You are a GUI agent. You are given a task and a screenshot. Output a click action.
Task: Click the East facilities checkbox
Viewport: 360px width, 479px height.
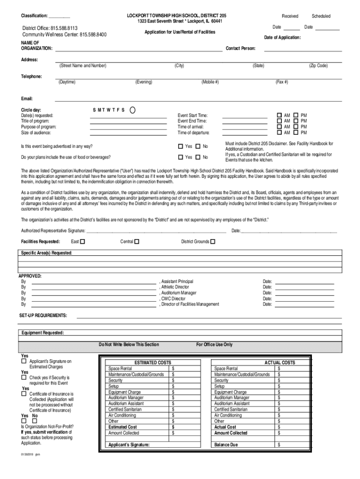(x=82, y=242)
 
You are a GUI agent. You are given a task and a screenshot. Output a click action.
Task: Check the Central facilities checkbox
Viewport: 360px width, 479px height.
(x=137, y=242)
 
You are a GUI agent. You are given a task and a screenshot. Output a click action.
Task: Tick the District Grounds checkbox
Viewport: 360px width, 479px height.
(x=213, y=242)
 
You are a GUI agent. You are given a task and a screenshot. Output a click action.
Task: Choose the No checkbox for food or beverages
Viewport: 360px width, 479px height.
(x=198, y=157)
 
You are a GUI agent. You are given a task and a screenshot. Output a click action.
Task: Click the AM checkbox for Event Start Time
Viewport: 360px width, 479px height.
(x=280, y=115)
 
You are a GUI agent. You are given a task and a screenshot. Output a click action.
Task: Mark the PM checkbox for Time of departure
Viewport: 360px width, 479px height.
(x=295, y=133)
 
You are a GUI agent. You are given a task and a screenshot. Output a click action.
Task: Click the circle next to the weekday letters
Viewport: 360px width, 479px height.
(x=132, y=110)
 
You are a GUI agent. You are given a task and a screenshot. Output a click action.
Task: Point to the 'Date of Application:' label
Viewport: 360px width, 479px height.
(x=282, y=37)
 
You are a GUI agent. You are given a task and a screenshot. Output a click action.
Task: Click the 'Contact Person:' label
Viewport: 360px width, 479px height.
(x=241, y=48)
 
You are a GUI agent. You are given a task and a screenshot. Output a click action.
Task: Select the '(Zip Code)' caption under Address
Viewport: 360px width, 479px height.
(x=318, y=65)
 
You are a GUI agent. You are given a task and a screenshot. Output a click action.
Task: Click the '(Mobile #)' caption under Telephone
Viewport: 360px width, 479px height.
(x=210, y=82)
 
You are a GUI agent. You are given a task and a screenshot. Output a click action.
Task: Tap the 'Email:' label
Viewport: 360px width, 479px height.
(x=27, y=99)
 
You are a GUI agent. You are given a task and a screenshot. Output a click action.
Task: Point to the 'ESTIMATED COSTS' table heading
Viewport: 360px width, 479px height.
(x=152, y=363)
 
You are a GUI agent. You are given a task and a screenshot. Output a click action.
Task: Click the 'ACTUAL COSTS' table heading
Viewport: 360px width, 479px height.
(x=280, y=363)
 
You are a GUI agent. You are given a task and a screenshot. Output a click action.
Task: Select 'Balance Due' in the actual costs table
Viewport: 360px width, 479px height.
(x=226, y=445)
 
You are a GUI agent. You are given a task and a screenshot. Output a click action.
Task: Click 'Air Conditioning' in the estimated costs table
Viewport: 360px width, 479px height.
(x=122, y=415)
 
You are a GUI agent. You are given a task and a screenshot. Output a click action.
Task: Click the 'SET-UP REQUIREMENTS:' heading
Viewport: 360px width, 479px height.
(x=43, y=315)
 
